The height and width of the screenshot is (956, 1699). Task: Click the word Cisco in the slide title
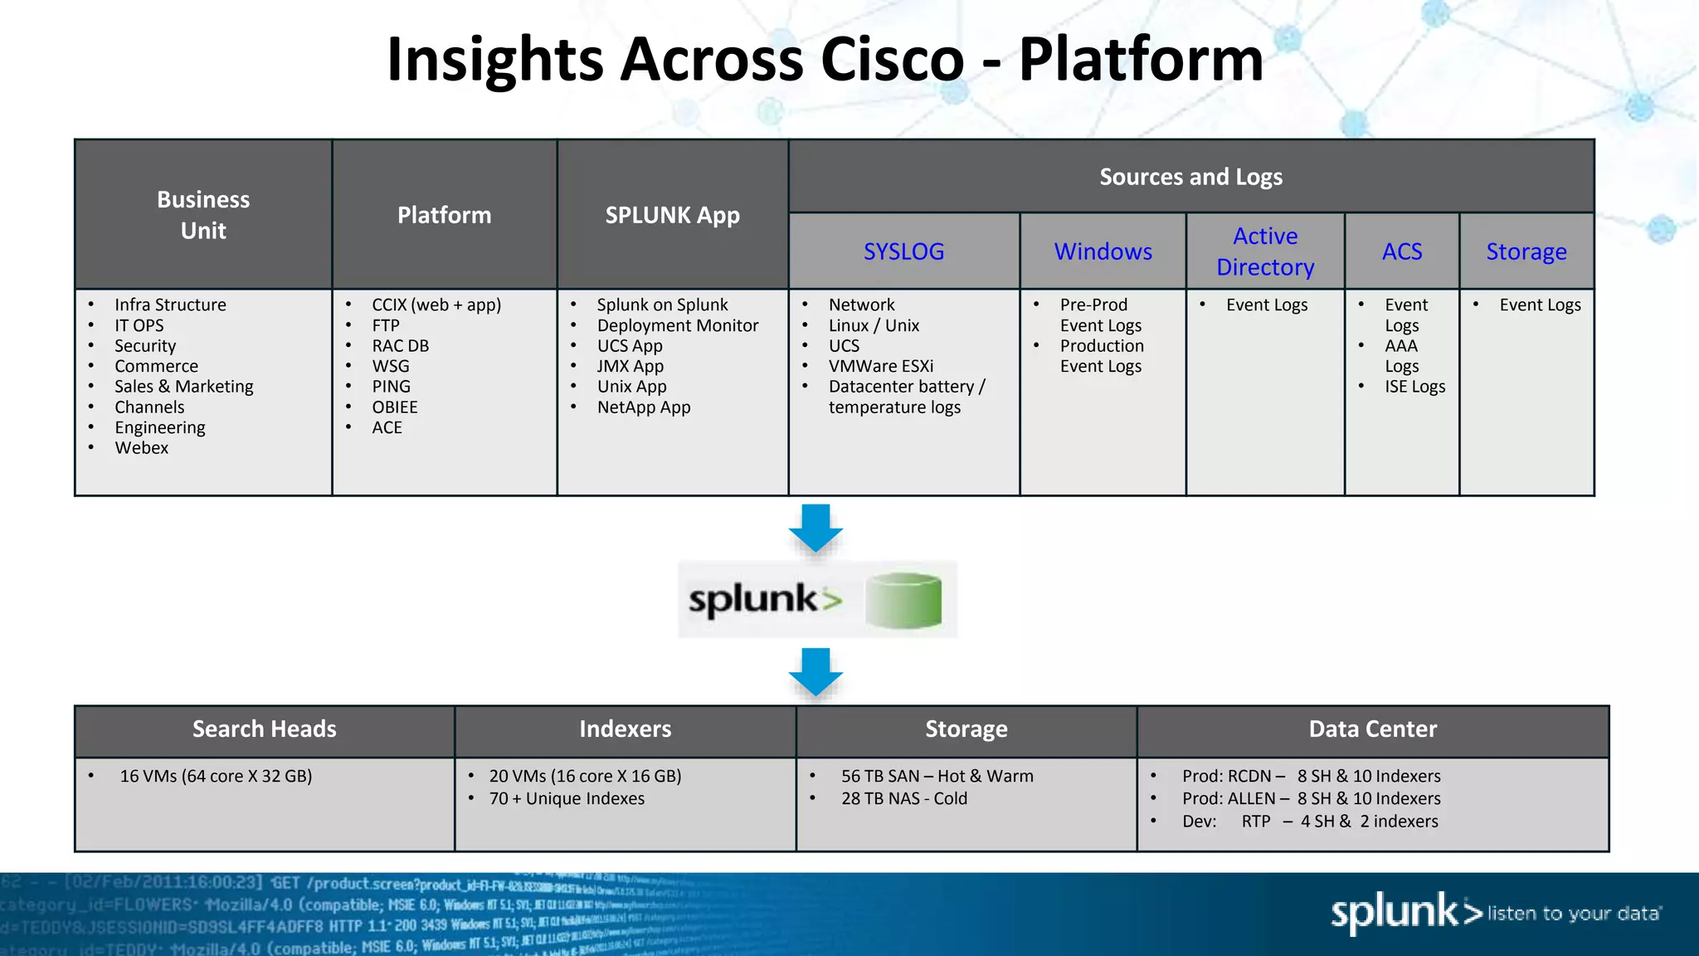coord(892,60)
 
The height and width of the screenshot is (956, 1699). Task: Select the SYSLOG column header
coord(903,251)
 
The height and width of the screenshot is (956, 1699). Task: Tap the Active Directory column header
coord(1265,251)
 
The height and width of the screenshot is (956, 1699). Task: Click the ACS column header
coord(1401,251)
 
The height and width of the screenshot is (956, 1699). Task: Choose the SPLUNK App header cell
coord(672,215)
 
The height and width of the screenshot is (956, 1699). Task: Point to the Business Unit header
coord(203,215)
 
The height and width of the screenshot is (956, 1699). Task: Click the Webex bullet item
coord(142,448)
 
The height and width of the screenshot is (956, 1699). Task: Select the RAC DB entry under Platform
coord(400,346)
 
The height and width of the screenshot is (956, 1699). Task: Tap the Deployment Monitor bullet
coord(677,325)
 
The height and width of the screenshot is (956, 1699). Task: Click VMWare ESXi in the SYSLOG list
coord(880,366)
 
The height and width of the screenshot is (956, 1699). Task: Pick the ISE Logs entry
coord(1414,387)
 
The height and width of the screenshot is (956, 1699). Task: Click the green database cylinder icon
coord(903,600)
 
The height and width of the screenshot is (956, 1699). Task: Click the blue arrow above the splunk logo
coord(815,527)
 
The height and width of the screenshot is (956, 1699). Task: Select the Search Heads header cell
coord(265,729)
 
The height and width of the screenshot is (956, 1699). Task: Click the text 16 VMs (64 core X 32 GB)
coord(216,776)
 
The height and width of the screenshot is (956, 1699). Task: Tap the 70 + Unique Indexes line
coord(567,798)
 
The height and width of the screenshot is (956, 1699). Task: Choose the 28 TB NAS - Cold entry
coord(903,798)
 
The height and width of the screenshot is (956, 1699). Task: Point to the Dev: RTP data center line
coord(1310,822)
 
